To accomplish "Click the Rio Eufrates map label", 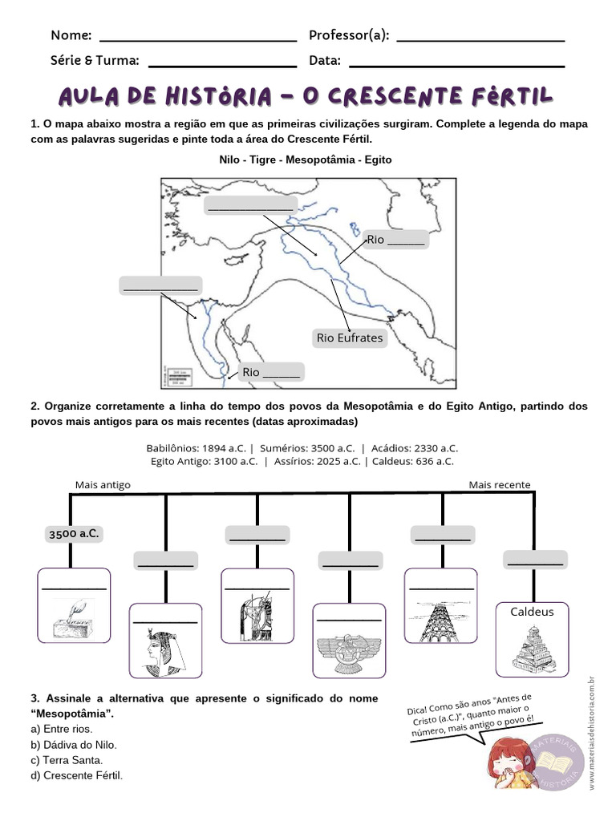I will click(x=350, y=338).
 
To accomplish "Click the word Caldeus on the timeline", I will click(x=532, y=612).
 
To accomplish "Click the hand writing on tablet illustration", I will click(x=74, y=618).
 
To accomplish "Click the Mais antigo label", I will click(x=103, y=485).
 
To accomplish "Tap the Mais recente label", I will click(x=500, y=485).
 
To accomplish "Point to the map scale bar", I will click(x=180, y=375).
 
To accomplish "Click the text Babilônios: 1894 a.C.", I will click(x=197, y=448).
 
